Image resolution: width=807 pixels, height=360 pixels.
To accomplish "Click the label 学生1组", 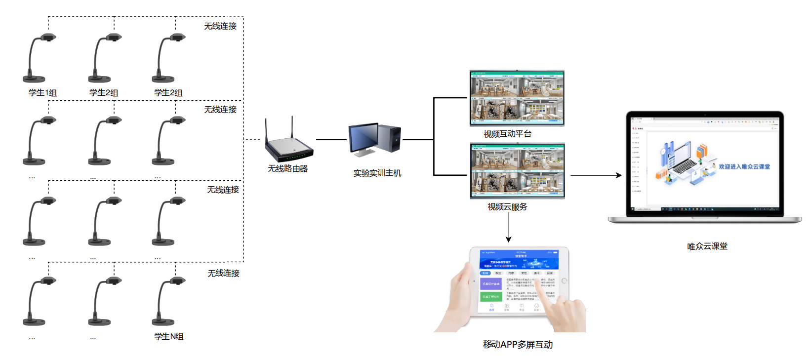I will [43, 93].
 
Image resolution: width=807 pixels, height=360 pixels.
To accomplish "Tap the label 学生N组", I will [169, 337].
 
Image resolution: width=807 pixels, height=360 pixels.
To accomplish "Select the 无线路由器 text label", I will [287, 169].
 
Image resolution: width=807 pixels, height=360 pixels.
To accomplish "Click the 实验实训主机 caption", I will [377, 173].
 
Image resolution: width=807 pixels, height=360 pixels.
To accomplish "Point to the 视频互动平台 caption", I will [507, 134].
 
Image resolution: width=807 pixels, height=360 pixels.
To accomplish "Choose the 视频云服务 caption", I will [507, 207].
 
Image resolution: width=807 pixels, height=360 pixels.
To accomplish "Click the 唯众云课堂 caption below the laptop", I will [707, 246].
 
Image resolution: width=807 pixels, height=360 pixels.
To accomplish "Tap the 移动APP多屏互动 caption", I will [518, 345].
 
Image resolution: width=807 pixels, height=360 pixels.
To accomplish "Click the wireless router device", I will [288, 146].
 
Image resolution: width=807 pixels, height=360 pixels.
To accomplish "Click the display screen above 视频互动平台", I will [517, 98].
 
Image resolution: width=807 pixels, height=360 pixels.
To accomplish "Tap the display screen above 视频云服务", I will [517, 171].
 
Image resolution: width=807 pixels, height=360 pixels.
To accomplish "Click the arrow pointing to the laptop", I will [596, 175].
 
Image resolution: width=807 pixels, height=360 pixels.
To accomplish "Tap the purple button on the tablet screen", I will [490, 284].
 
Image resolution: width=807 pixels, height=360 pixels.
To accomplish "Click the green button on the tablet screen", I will [490, 297].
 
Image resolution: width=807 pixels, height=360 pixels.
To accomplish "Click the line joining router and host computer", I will [331, 140].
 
